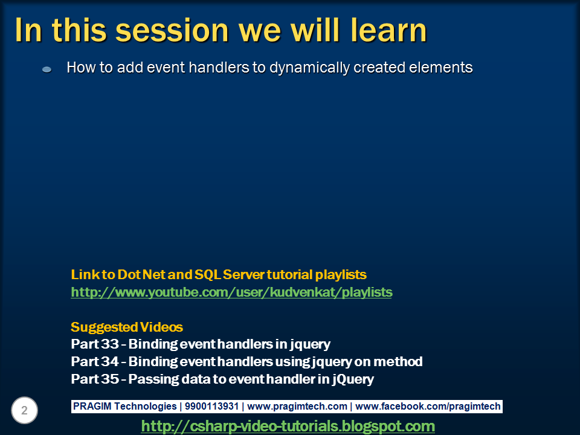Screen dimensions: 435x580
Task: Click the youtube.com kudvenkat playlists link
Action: [x=231, y=292]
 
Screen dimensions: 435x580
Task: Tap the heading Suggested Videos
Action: [x=127, y=327]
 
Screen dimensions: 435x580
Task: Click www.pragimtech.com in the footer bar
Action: [x=298, y=407]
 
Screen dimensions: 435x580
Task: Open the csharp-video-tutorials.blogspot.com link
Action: [x=288, y=427]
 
